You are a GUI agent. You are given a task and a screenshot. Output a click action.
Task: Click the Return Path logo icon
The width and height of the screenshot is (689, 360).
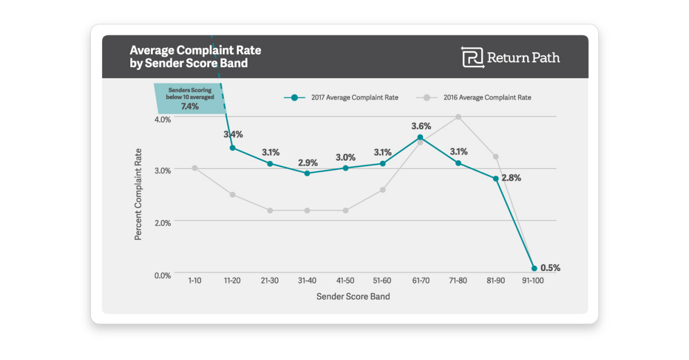coord(473,57)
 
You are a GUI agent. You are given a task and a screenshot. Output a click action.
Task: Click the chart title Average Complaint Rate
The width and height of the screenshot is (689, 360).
coord(195,51)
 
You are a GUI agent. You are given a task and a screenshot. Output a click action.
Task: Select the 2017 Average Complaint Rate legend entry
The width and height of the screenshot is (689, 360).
coord(341,98)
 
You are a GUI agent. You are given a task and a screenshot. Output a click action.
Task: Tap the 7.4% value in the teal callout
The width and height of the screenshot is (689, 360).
coord(189,106)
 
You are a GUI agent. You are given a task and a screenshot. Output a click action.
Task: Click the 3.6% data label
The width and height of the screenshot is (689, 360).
coord(420,126)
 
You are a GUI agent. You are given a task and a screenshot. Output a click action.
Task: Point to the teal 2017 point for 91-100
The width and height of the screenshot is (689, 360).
coord(534,268)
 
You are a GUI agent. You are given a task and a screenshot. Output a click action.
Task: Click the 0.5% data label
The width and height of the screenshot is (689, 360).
coord(550,268)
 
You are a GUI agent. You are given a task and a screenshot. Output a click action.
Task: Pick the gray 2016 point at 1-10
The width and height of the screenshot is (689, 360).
coord(195,168)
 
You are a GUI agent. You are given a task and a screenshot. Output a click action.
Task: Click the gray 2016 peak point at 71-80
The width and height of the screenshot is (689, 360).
coord(458,117)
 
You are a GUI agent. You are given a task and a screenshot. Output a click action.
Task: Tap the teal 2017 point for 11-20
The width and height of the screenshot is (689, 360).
coord(232,148)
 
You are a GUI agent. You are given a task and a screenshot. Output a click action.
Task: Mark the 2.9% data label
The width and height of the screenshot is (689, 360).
coord(308,162)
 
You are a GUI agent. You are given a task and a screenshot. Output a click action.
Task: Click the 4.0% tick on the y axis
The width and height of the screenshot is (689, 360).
coord(162,119)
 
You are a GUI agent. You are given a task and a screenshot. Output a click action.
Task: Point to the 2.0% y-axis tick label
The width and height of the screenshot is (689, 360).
coord(162,223)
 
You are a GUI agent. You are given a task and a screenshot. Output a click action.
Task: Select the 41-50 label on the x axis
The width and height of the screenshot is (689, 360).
coord(345,280)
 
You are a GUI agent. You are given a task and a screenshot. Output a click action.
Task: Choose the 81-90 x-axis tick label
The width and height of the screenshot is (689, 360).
coord(496,280)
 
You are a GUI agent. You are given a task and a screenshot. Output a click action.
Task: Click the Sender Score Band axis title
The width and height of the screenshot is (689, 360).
coord(353,296)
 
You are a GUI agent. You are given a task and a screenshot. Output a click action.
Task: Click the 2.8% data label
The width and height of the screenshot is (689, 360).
coord(511,178)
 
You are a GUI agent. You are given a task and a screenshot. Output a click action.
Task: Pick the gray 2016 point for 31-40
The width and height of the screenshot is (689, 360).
coord(307,210)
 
